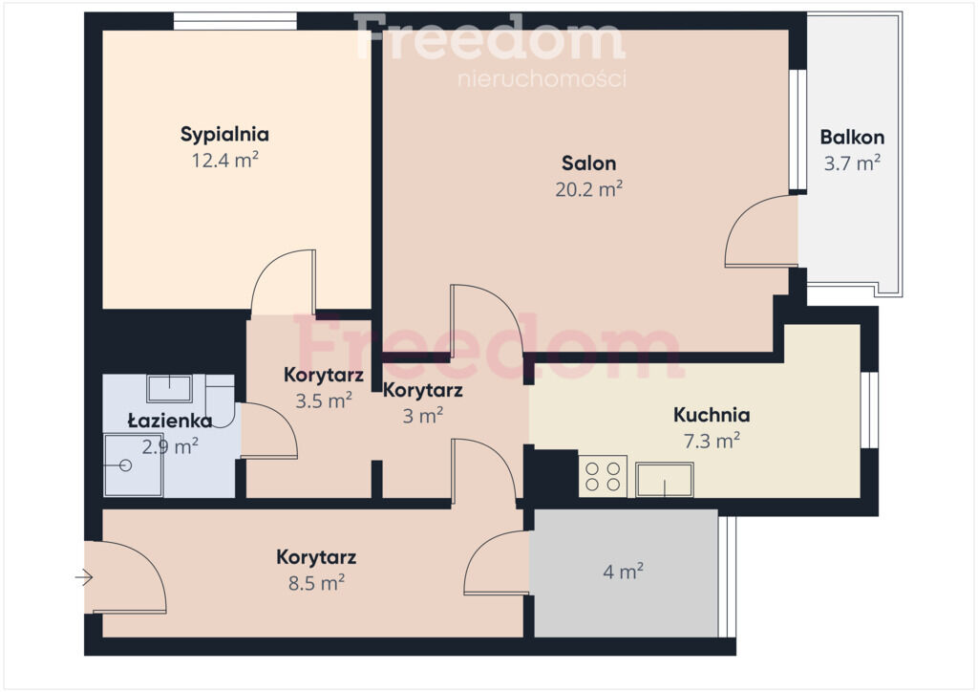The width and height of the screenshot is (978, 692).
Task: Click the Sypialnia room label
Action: [224, 135]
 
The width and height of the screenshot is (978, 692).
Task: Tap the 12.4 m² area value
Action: [224, 161]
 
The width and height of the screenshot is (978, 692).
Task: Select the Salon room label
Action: [588, 163]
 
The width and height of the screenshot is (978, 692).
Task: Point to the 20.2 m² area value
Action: [588, 189]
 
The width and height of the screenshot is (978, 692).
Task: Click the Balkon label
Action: [852, 138]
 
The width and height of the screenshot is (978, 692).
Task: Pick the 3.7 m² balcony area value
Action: [852, 163]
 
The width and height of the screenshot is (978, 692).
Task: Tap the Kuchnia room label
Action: [712, 415]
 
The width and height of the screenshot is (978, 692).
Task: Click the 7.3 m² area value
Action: [712, 442]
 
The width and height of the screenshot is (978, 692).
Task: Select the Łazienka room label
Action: [170, 422]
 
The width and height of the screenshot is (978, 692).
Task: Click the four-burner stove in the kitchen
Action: [604, 477]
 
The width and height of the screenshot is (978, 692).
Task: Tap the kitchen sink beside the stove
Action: [665, 480]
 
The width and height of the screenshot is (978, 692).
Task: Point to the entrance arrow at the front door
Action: [84, 578]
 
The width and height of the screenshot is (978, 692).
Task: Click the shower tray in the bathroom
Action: [134, 465]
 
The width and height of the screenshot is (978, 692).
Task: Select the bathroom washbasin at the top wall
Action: [170, 389]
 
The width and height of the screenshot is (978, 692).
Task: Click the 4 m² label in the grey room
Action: [623, 572]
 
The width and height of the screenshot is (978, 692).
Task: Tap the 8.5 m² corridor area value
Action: [316, 583]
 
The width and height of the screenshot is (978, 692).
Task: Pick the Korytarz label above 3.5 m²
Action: [324, 375]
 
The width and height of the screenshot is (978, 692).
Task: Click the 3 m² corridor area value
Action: [423, 416]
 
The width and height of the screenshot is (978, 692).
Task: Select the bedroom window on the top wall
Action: [235, 21]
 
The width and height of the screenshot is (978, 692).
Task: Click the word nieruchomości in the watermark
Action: [542, 79]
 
